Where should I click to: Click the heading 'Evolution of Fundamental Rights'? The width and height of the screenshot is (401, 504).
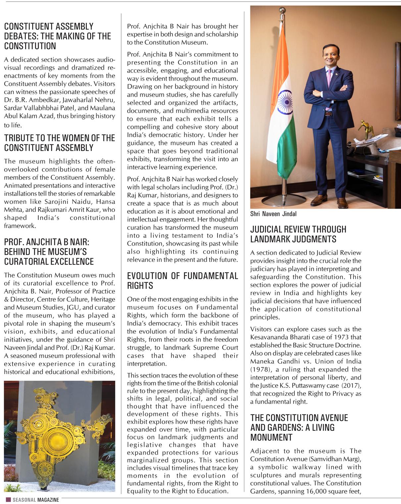point(182,280)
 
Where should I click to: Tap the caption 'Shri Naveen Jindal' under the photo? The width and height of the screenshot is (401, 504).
point(273,214)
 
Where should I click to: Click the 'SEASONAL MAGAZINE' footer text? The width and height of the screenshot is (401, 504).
point(36,500)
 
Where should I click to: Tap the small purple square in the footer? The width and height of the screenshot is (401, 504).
point(8,500)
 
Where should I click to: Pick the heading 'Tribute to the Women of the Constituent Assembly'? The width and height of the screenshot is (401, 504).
point(59,143)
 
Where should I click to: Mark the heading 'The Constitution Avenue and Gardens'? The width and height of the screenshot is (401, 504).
point(299,427)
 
